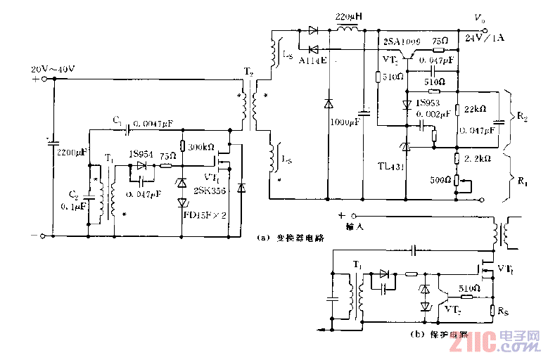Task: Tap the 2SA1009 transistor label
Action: click(400, 42)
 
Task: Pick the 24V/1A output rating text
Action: click(485, 39)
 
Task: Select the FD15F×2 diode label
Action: click(205, 214)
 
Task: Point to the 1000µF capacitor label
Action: click(344, 122)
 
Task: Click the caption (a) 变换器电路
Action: click(291, 237)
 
